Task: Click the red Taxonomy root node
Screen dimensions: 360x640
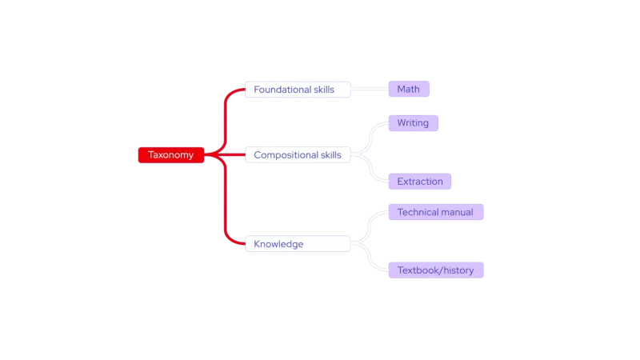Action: click(171, 155)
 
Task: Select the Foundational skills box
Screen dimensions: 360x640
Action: click(298, 90)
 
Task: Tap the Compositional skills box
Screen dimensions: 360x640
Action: click(298, 155)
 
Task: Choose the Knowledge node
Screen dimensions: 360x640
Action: click(298, 244)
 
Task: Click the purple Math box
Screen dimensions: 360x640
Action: click(409, 90)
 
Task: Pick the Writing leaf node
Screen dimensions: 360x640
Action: click(413, 123)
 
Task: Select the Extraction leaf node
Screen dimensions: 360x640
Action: click(420, 182)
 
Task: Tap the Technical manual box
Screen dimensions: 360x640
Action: click(435, 213)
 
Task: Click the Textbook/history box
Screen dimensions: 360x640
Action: click(435, 270)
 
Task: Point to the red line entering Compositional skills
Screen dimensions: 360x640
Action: click(232, 155)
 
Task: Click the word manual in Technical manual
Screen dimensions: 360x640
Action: click(457, 213)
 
